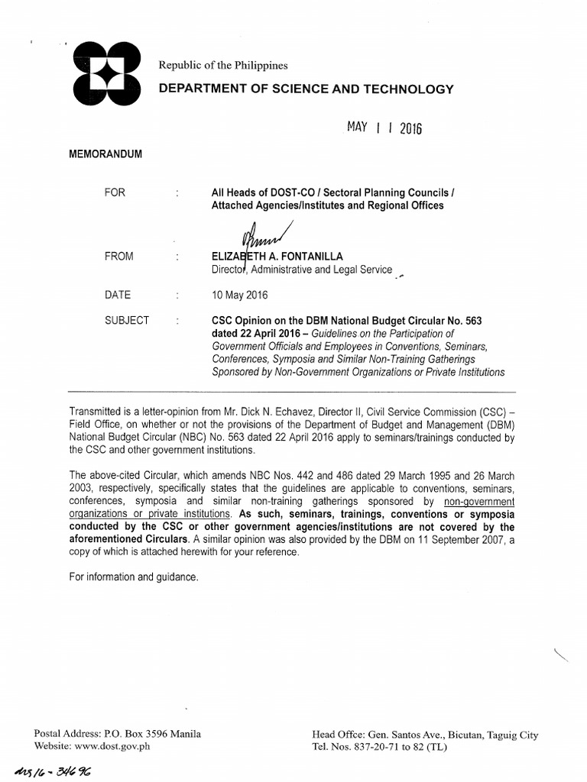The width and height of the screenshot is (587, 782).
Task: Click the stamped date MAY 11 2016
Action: tap(384, 128)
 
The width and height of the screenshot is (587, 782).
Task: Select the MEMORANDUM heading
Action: tap(106, 153)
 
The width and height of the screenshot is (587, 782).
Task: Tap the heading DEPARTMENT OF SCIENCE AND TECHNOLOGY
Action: tap(306, 89)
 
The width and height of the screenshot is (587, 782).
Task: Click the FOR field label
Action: tap(115, 192)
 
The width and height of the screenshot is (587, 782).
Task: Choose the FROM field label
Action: tap(119, 257)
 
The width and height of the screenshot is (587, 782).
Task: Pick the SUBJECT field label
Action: tap(127, 320)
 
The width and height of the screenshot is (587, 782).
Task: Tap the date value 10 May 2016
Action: tap(240, 295)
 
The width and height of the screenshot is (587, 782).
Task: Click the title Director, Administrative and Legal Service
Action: tap(302, 270)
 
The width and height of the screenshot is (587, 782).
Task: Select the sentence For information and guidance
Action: tap(134, 577)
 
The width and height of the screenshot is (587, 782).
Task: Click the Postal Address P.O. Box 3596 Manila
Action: tap(118, 734)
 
